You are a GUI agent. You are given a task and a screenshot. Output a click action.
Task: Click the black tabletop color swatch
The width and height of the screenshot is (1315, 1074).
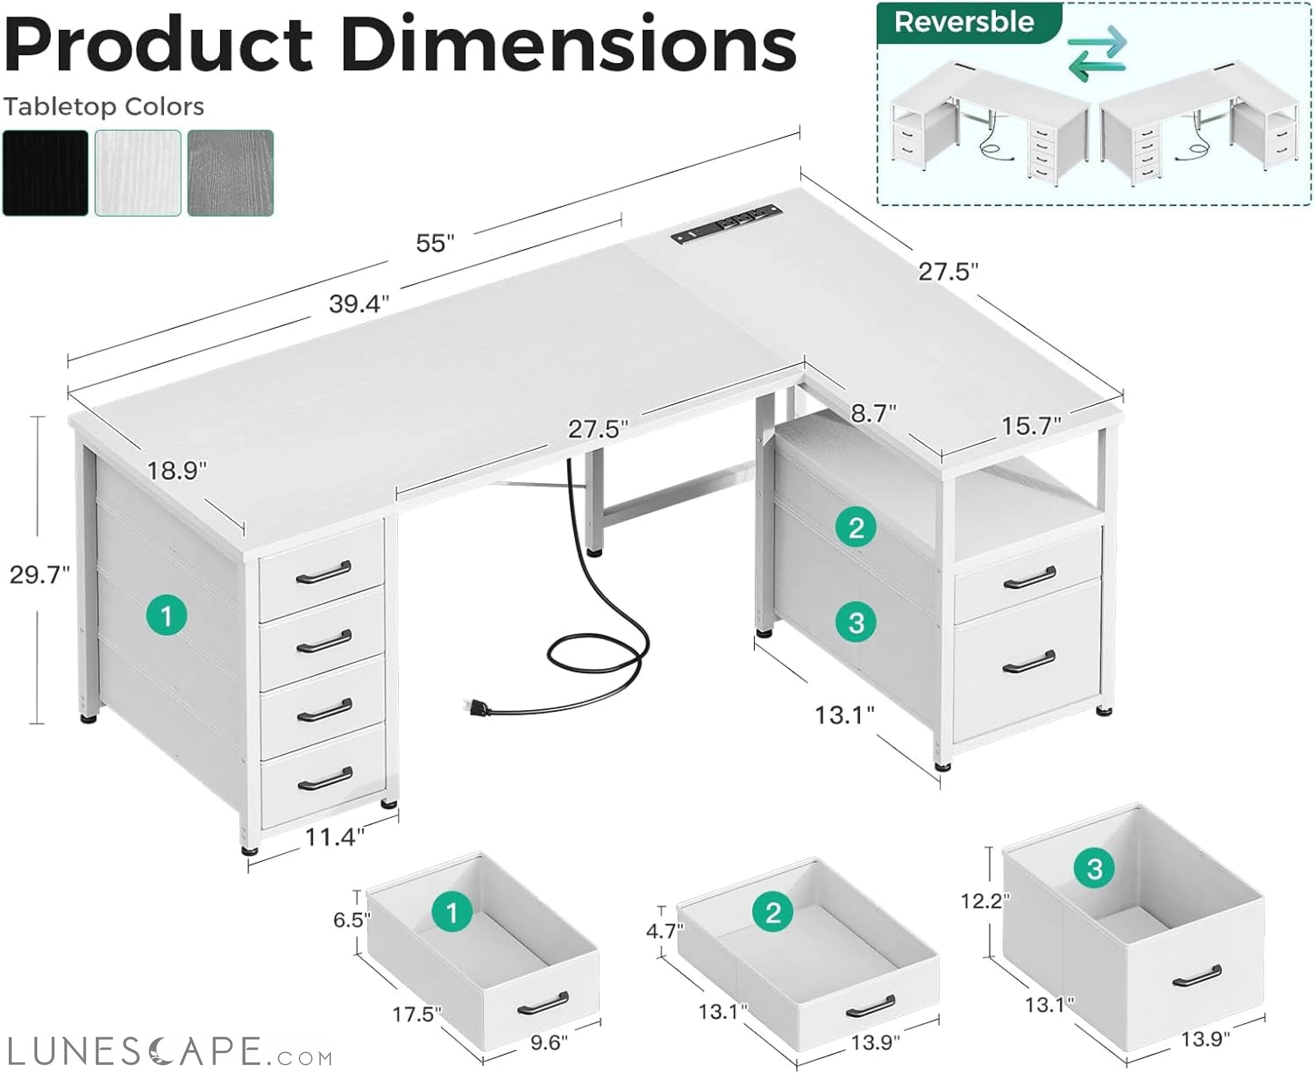(x=45, y=173)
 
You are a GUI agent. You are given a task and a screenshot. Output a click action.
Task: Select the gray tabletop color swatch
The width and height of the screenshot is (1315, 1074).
(x=230, y=173)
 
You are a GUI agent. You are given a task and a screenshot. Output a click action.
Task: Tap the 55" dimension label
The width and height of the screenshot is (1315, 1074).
(x=435, y=243)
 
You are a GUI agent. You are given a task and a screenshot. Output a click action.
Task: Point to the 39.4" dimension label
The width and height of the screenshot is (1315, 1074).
(x=359, y=304)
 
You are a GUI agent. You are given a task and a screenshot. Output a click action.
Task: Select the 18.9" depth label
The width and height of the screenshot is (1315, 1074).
(x=177, y=471)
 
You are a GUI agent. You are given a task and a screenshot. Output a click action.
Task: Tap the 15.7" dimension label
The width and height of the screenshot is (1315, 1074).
(x=1031, y=426)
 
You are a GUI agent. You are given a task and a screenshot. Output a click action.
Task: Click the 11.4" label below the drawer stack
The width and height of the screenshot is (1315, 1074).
(x=334, y=838)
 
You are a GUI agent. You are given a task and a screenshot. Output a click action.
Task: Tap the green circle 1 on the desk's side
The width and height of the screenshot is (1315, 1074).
(x=167, y=615)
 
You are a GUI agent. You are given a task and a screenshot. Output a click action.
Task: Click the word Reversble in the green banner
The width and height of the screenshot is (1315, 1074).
(x=963, y=22)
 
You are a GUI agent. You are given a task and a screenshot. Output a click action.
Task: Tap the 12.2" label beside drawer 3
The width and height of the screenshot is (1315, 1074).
(x=984, y=901)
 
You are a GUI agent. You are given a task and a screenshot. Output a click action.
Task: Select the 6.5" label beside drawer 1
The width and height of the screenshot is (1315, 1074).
(x=352, y=920)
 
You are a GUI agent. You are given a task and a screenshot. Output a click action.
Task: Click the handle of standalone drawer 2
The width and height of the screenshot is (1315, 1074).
(x=870, y=1007)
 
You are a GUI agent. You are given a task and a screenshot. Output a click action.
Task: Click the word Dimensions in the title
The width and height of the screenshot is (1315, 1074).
(x=568, y=45)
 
